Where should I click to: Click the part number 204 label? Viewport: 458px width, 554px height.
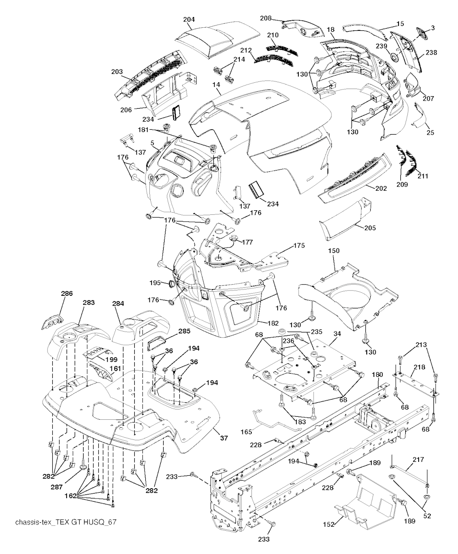coord(189,19)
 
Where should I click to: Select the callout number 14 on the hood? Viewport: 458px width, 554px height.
coord(216,85)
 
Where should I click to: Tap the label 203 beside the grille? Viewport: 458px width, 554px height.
coord(117,72)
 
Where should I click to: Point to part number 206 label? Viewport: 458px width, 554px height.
coord(126,110)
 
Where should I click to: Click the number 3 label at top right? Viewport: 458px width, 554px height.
coord(433,28)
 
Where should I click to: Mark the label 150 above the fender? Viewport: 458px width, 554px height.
coord(334,251)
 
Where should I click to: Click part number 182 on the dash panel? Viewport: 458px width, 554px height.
coord(273,323)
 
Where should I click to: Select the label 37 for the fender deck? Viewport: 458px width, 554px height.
coord(224,438)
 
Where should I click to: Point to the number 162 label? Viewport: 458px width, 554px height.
coord(70,495)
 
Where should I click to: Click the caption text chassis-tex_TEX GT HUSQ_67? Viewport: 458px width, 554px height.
coord(66,522)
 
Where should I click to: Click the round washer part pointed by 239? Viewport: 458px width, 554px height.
coord(394,57)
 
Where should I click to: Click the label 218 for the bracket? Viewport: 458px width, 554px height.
coord(419,367)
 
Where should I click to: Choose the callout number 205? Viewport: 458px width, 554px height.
coord(370,228)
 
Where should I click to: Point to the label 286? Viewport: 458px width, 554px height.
coord(67,294)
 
